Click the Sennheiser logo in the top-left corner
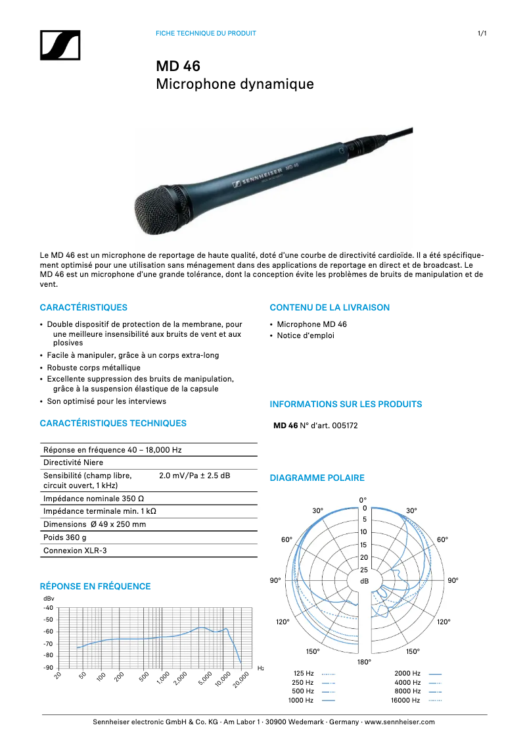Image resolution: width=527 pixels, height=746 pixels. point(60,45)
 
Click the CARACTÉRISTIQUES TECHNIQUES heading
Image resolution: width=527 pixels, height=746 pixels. point(113,424)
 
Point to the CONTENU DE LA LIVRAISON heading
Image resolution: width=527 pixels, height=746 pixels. point(329,307)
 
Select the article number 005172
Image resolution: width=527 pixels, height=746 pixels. point(345,426)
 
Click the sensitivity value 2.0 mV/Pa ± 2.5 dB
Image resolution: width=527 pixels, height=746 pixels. point(194,476)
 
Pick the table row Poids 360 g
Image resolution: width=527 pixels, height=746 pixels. point(65,537)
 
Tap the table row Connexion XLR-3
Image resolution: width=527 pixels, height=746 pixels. point(75,551)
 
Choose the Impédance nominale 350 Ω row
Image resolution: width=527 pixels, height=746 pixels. point(93,499)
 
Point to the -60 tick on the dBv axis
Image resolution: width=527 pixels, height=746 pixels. point(48,632)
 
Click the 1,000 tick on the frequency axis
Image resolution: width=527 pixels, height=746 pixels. point(162,677)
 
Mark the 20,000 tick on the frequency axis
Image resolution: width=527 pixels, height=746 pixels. point(241,679)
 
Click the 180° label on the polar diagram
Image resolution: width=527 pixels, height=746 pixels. point(364,662)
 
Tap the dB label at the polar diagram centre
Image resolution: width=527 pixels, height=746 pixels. point(364,582)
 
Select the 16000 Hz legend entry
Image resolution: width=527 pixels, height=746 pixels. point(405,701)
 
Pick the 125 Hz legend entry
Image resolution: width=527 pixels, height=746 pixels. point(303,674)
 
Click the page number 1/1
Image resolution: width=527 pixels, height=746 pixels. point(482,33)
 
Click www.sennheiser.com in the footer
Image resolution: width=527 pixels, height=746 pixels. point(400,722)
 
